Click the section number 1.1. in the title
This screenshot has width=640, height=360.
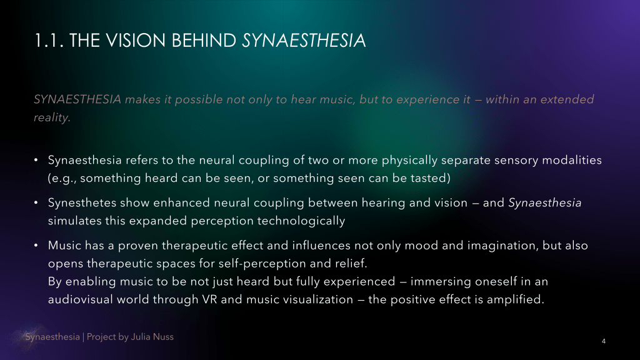pos(49,41)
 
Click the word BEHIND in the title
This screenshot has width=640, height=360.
pos(204,41)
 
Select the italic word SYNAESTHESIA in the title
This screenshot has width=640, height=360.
pos(304,41)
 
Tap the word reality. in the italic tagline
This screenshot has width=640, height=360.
pos(52,117)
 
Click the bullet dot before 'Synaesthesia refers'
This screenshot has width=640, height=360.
pos(36,160)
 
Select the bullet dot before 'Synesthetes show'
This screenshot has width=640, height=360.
pos(36,202)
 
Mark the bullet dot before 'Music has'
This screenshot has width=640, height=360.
pos(36,245)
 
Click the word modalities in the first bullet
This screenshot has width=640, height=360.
pos(572,160)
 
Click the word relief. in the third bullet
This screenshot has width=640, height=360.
pos(351,263)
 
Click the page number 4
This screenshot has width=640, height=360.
pos(604,341)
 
